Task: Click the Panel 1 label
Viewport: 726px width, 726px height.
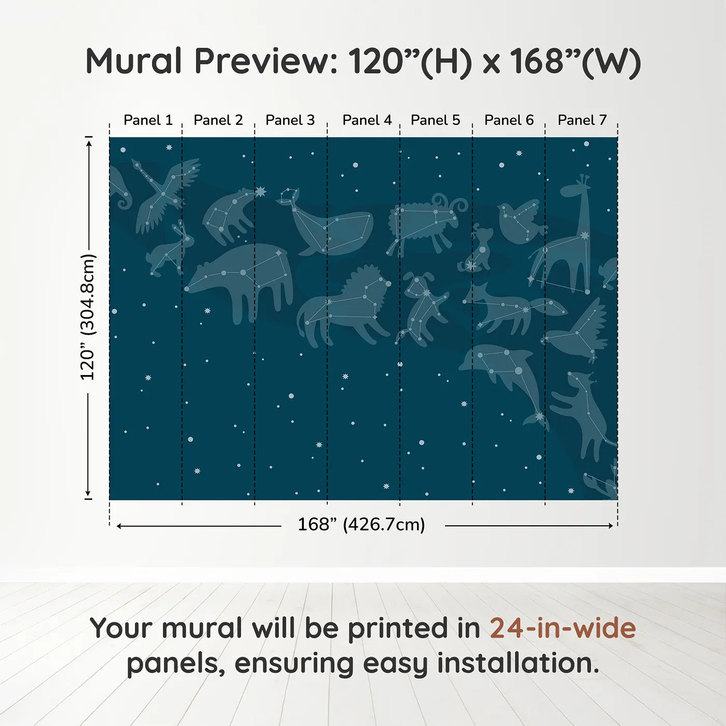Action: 148,120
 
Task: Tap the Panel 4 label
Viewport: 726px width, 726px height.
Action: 367,120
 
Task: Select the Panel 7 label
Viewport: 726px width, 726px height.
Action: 582,120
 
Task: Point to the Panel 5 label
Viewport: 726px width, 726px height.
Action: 435,120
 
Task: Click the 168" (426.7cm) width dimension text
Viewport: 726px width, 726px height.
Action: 361,525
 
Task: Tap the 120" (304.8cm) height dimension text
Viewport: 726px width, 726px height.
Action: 88,317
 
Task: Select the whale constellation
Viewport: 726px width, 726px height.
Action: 332,228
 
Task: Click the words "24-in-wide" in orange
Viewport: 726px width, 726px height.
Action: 563,629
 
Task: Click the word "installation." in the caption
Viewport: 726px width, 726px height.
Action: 518,663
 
